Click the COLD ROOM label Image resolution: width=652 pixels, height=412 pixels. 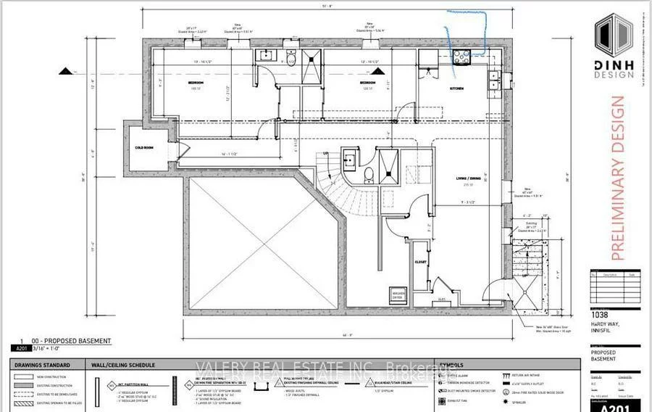(145, 147)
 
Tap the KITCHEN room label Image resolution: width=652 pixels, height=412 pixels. (456, 88)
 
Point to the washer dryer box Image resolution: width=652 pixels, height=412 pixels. (397, 294)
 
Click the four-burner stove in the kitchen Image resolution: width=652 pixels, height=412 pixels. (461, 59)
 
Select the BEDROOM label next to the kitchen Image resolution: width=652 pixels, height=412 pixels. (367, 84)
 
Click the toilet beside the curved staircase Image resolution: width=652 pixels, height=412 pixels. (369, 173)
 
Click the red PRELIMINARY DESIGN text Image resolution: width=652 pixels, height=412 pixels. (617, 178)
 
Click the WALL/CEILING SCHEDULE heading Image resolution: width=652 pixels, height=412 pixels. (120, 365)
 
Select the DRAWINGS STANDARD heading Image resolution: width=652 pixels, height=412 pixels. (40, 365)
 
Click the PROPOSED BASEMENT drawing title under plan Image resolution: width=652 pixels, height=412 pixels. (69, 340)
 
